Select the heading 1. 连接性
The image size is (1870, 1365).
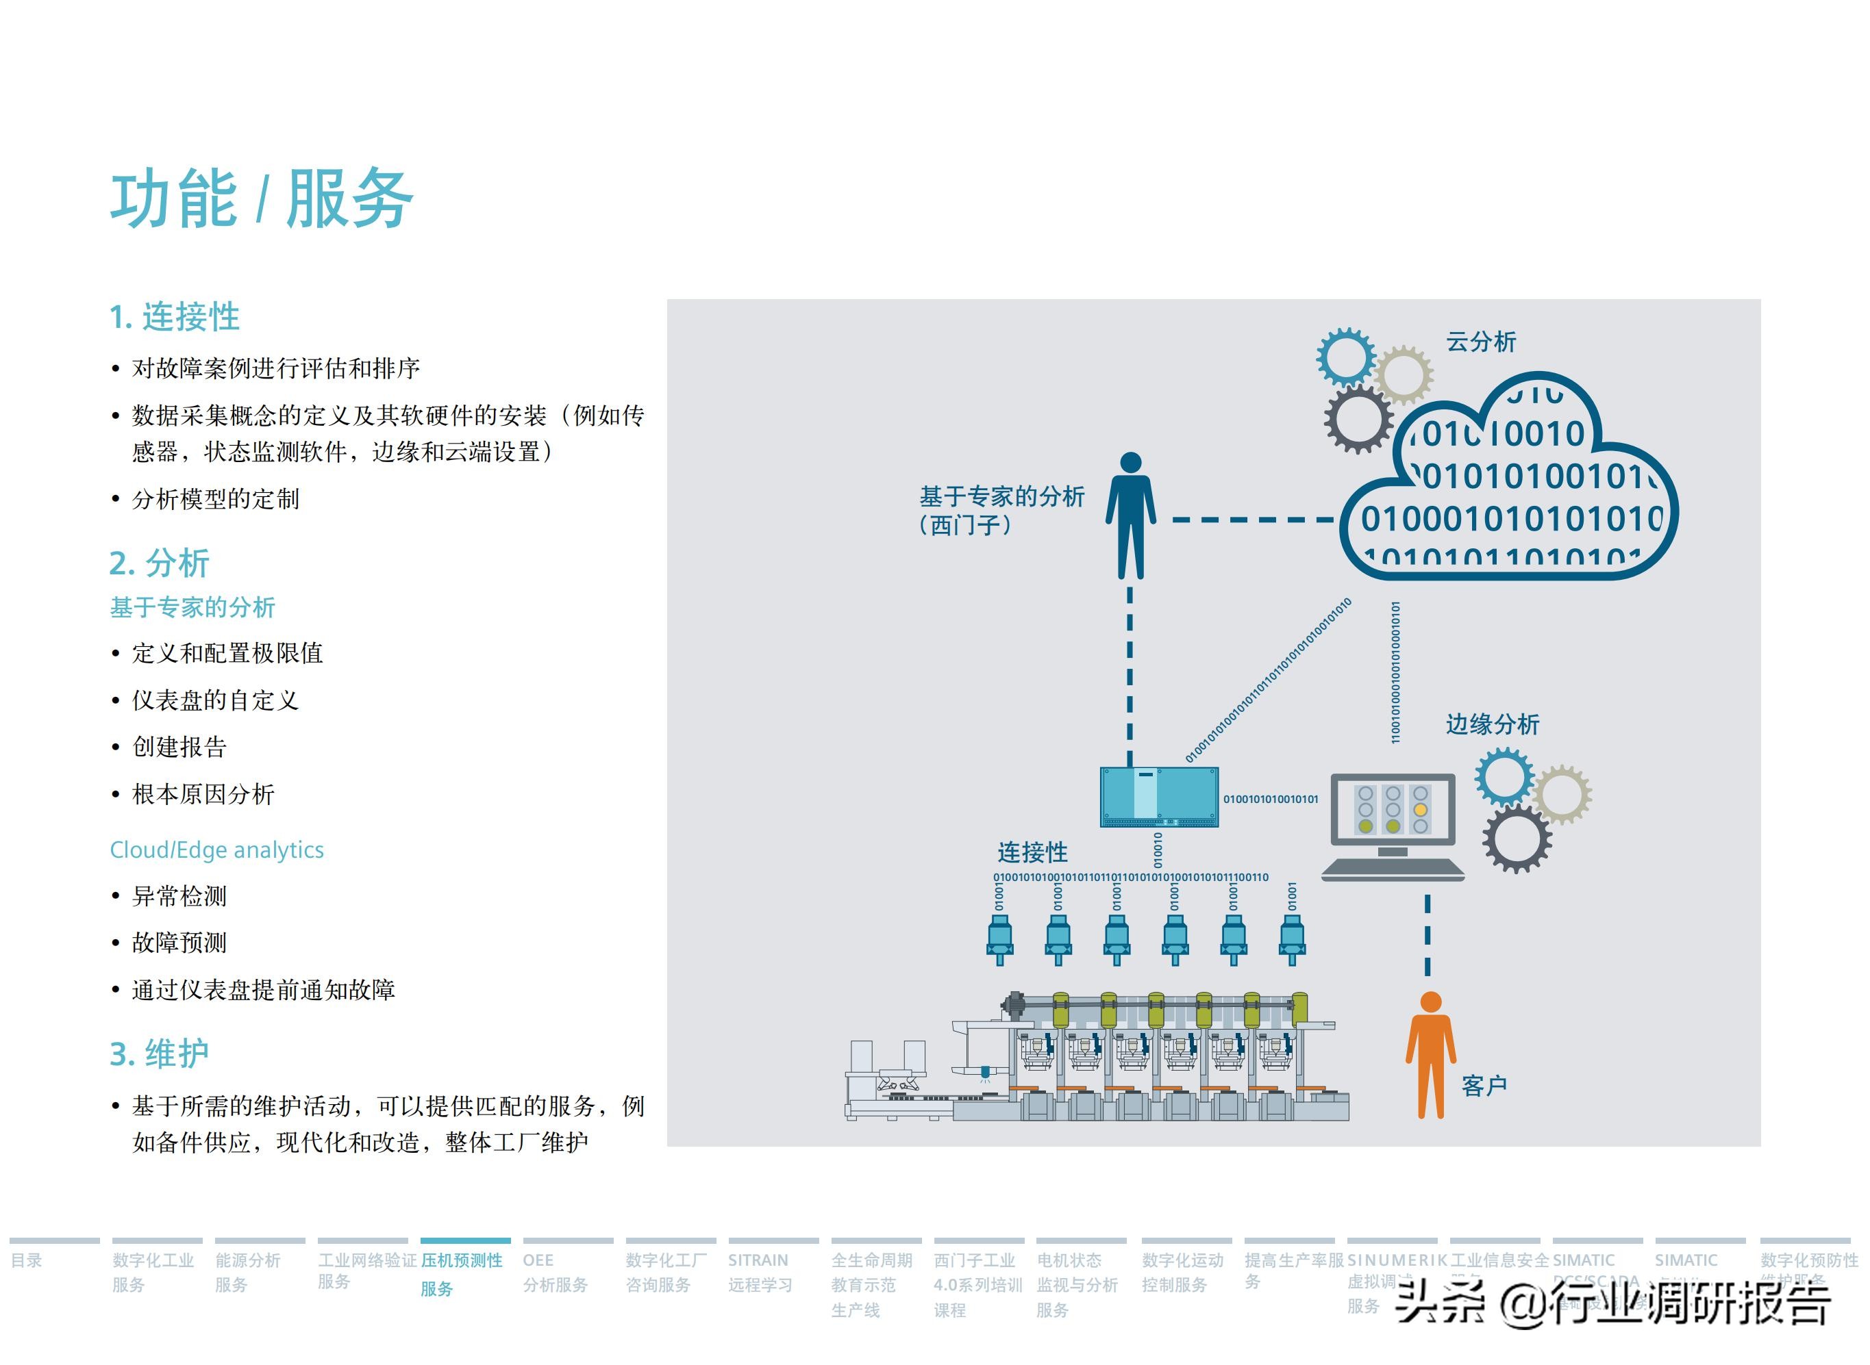[x=175, y=316]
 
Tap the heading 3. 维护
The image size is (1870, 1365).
[x=159, y=1054]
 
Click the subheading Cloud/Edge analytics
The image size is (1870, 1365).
[x=216, y=850]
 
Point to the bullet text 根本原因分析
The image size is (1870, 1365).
[x=203, y=794]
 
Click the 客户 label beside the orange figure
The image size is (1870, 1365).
[x=1484, y=1085]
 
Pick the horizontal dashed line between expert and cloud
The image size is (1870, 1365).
[x=1252, y=520]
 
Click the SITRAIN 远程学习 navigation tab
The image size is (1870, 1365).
[x=759, y=1272]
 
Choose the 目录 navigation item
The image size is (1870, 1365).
[x=27, y=1260]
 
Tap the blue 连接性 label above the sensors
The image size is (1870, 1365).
[x=1032, y=852]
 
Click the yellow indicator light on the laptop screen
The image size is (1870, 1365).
[x=1420, y=810]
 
